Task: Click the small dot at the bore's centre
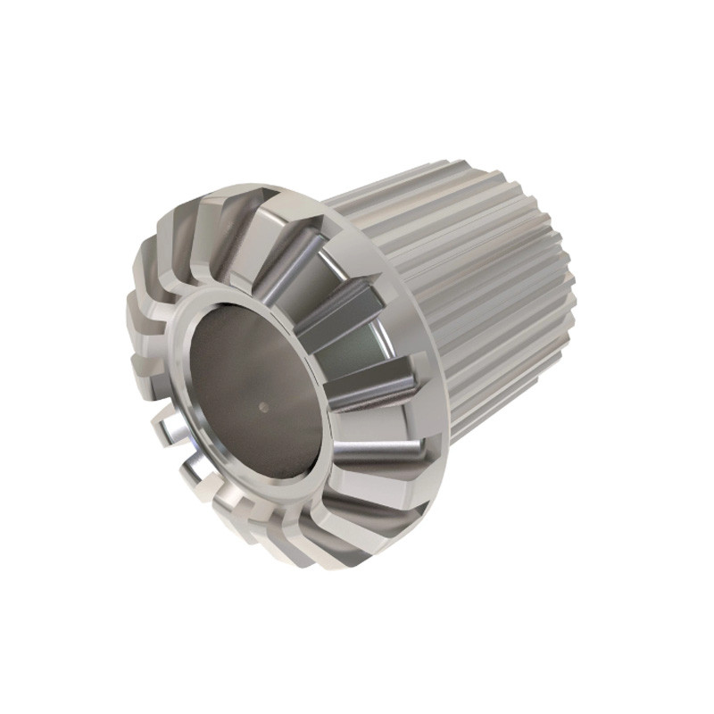click(x=262, y=406)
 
